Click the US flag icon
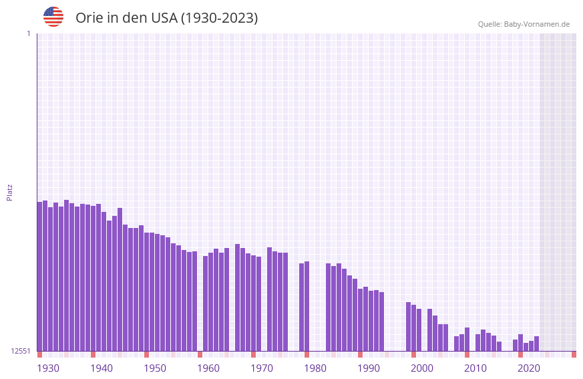pyautogui.click(x=53, y=17)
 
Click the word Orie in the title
pyautogui.click(x=89, y=18)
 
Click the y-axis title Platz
pyautogui.click(x=9, y=192)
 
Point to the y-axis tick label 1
pyautogui.click(x=28, y=33)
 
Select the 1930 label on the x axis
pyautogui.click(x=48, y=368)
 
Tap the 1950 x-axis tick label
pyautogui.click(x=155, y=368)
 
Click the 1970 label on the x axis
pyautogui.click(x=262, y=368)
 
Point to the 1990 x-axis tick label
pyautogui.click(x=369, y=368)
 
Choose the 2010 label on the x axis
pyautogui.click(x=475, y=368)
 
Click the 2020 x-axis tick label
pyautogui.click(x=529, y=368)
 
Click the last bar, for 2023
pyautogui.click(x=537, y=344)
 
